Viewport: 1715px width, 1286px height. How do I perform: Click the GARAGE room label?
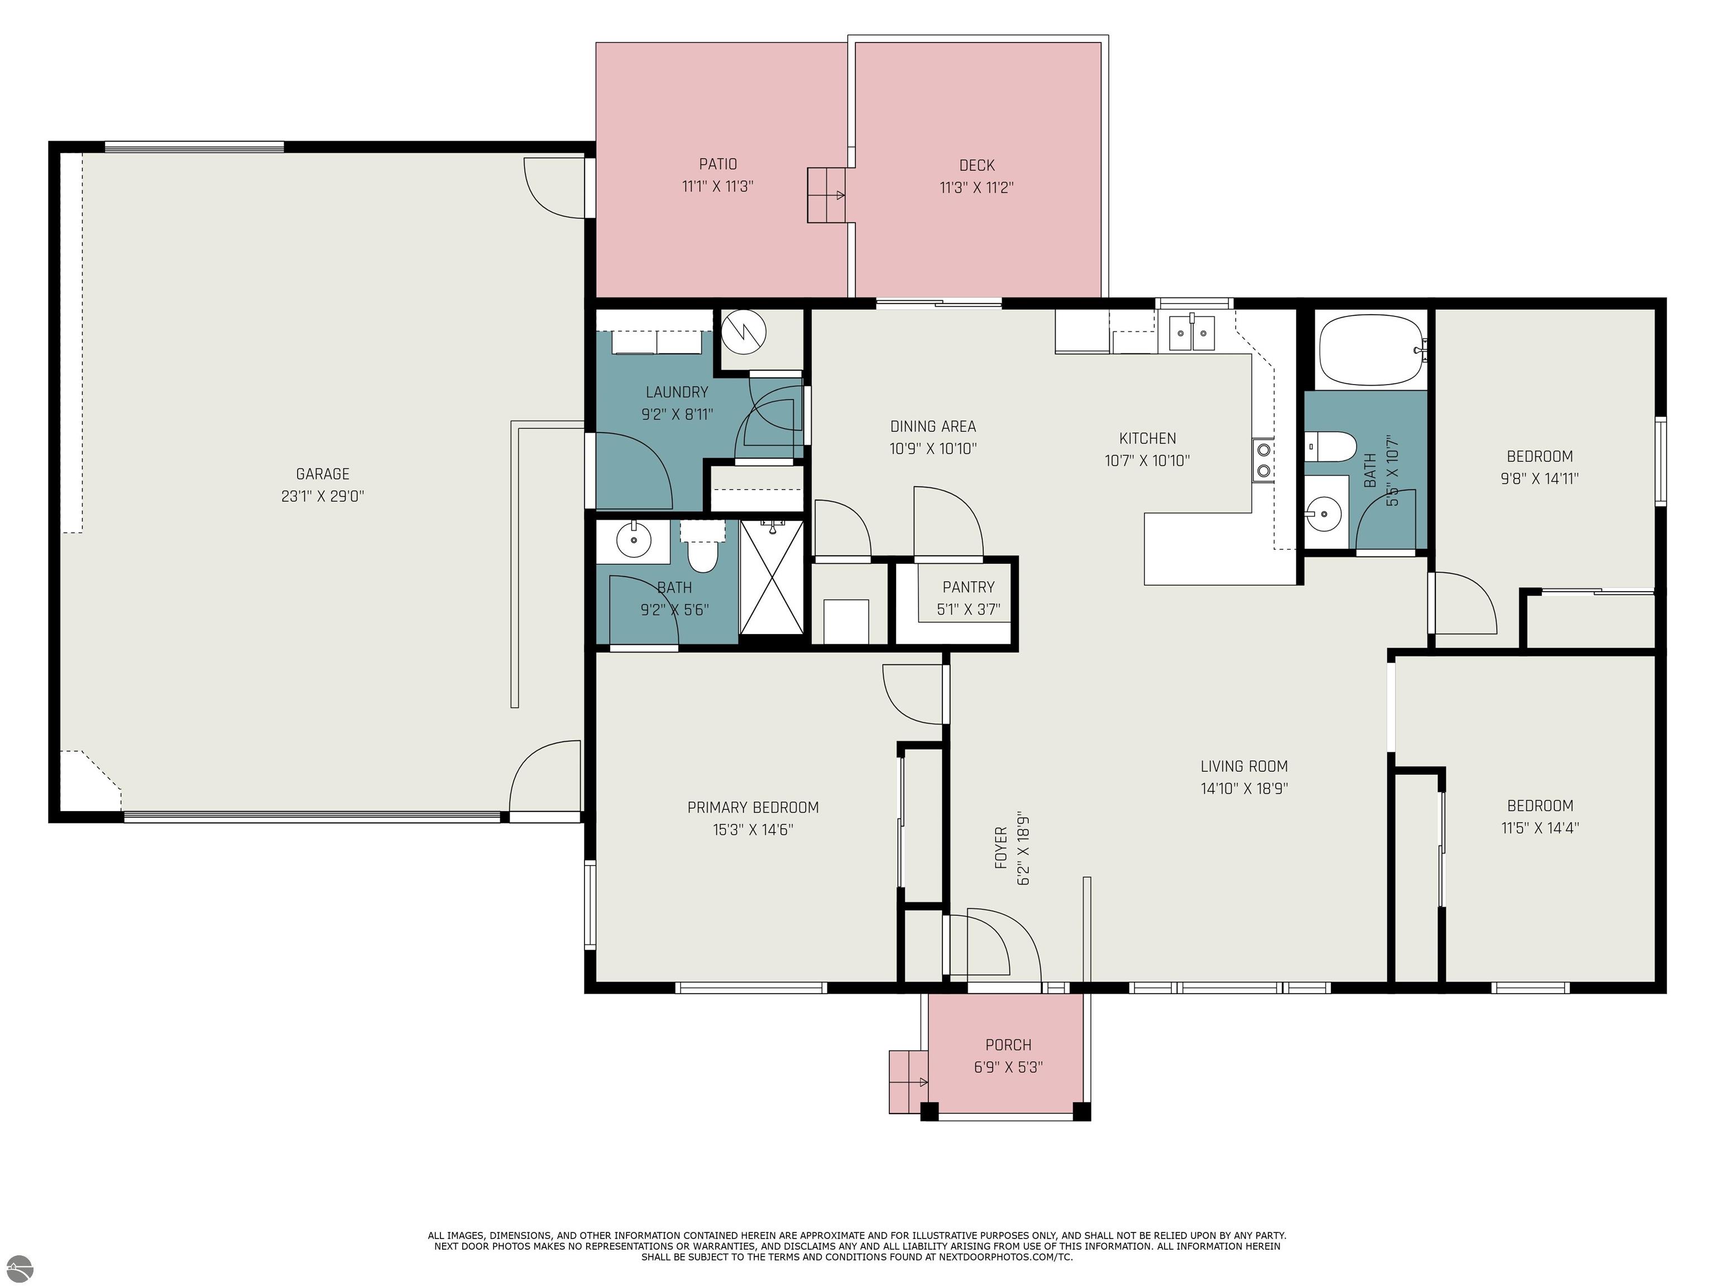pyautogui.click(x=323, y=474)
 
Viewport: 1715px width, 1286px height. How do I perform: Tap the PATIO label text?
pyautogui.click(x=718, y=164)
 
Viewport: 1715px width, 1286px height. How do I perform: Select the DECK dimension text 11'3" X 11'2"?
pyautogui.click(x=977, y=188)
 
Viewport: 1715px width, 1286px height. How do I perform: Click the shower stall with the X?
pyautogui.click(x=772, y=577)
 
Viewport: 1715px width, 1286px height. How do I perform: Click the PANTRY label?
pyautogui.click(x=969, y=588)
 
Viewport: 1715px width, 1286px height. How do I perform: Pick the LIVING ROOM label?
pyautogui.click(x=1244, y=767)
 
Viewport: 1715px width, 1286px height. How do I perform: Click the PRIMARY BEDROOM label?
pyautogui.click(x=753, y=808)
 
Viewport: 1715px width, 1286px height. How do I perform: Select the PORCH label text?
pyautogui.click(x=1008, y=1045)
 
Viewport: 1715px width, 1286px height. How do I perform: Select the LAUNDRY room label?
pyautogui.click(x=677, y=392)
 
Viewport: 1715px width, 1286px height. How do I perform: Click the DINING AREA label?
pyautogui.click(x=933, y=426)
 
